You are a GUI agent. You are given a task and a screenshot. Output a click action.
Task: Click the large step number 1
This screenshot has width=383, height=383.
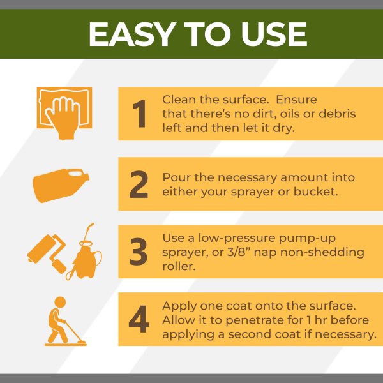(x=139, y=114)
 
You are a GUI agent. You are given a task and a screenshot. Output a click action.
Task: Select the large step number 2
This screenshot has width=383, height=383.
(x=139, y=184)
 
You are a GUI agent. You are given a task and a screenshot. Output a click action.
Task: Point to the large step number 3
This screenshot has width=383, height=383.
(x=139, y=252)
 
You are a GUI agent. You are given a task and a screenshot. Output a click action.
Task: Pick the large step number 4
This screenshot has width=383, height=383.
(x=139, y=320)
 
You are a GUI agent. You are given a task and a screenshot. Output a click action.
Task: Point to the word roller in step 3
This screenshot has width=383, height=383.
(x=177, y=266)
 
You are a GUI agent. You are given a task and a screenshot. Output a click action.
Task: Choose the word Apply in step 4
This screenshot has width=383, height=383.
(x=179, y=306)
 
